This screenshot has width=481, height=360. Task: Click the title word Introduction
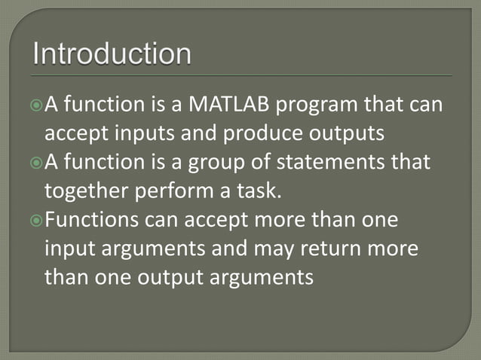tap(112, 55)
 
